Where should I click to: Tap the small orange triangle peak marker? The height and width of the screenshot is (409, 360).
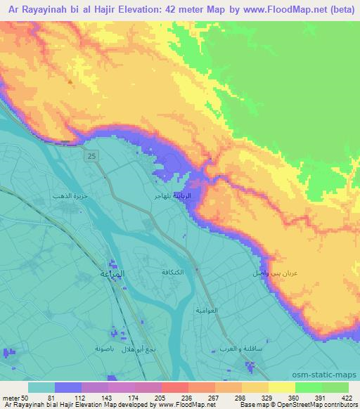click(x=70, y=82)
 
